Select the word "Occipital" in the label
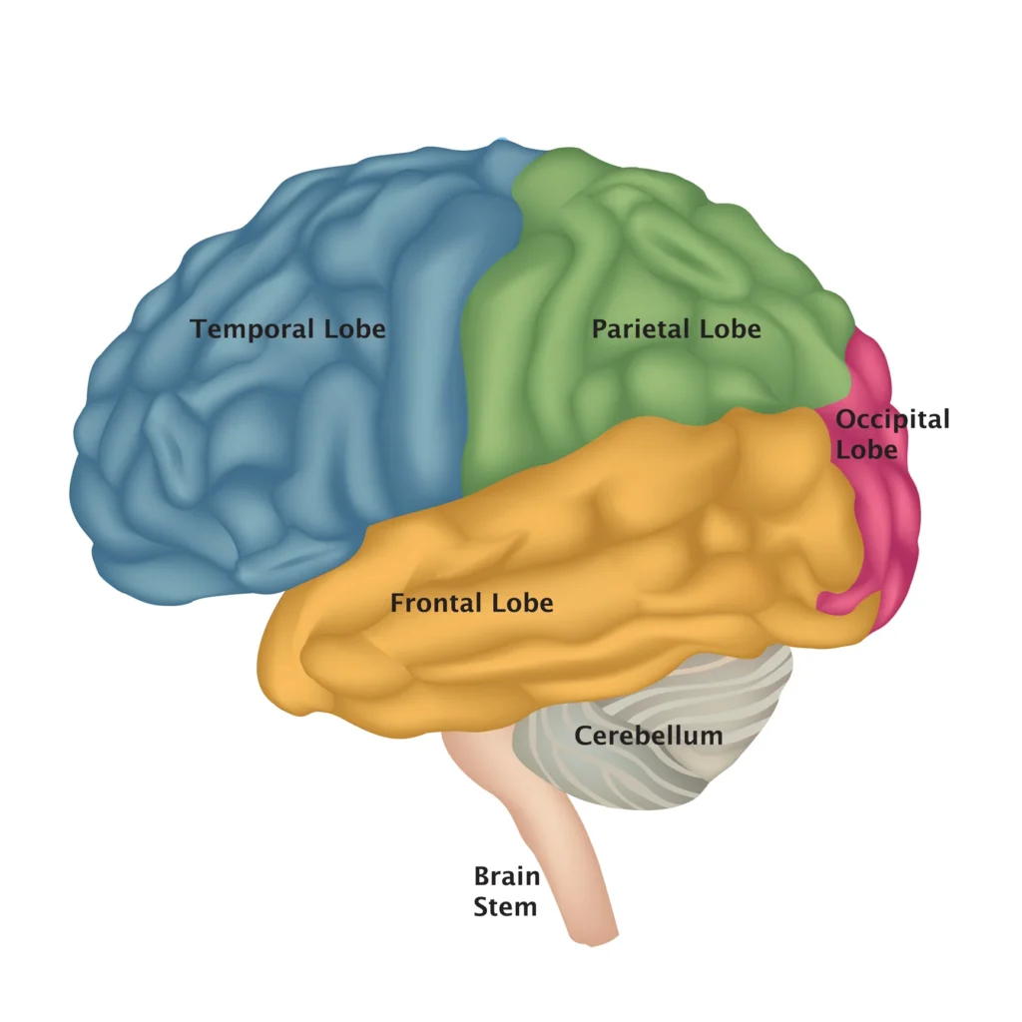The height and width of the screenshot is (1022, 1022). pyautogui.click(x=892, y=419)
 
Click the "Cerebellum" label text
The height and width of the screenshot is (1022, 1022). pyautogui.click(x=648, y=737)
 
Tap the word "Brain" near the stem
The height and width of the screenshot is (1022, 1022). pyautogui.click(x=506, y=877)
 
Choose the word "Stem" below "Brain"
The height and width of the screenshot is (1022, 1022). pyautogui.click(x=504, y=906)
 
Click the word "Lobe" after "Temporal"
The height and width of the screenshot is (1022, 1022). pyautogui.click(x=354, y=328)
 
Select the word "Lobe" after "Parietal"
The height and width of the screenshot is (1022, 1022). pyautogui.click(x=731, y=328)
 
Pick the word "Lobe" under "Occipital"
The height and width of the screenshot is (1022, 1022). pyautogui.click(x=866, y=449)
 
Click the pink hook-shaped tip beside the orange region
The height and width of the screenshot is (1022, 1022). pyautogui.click(x=834, y=602)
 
